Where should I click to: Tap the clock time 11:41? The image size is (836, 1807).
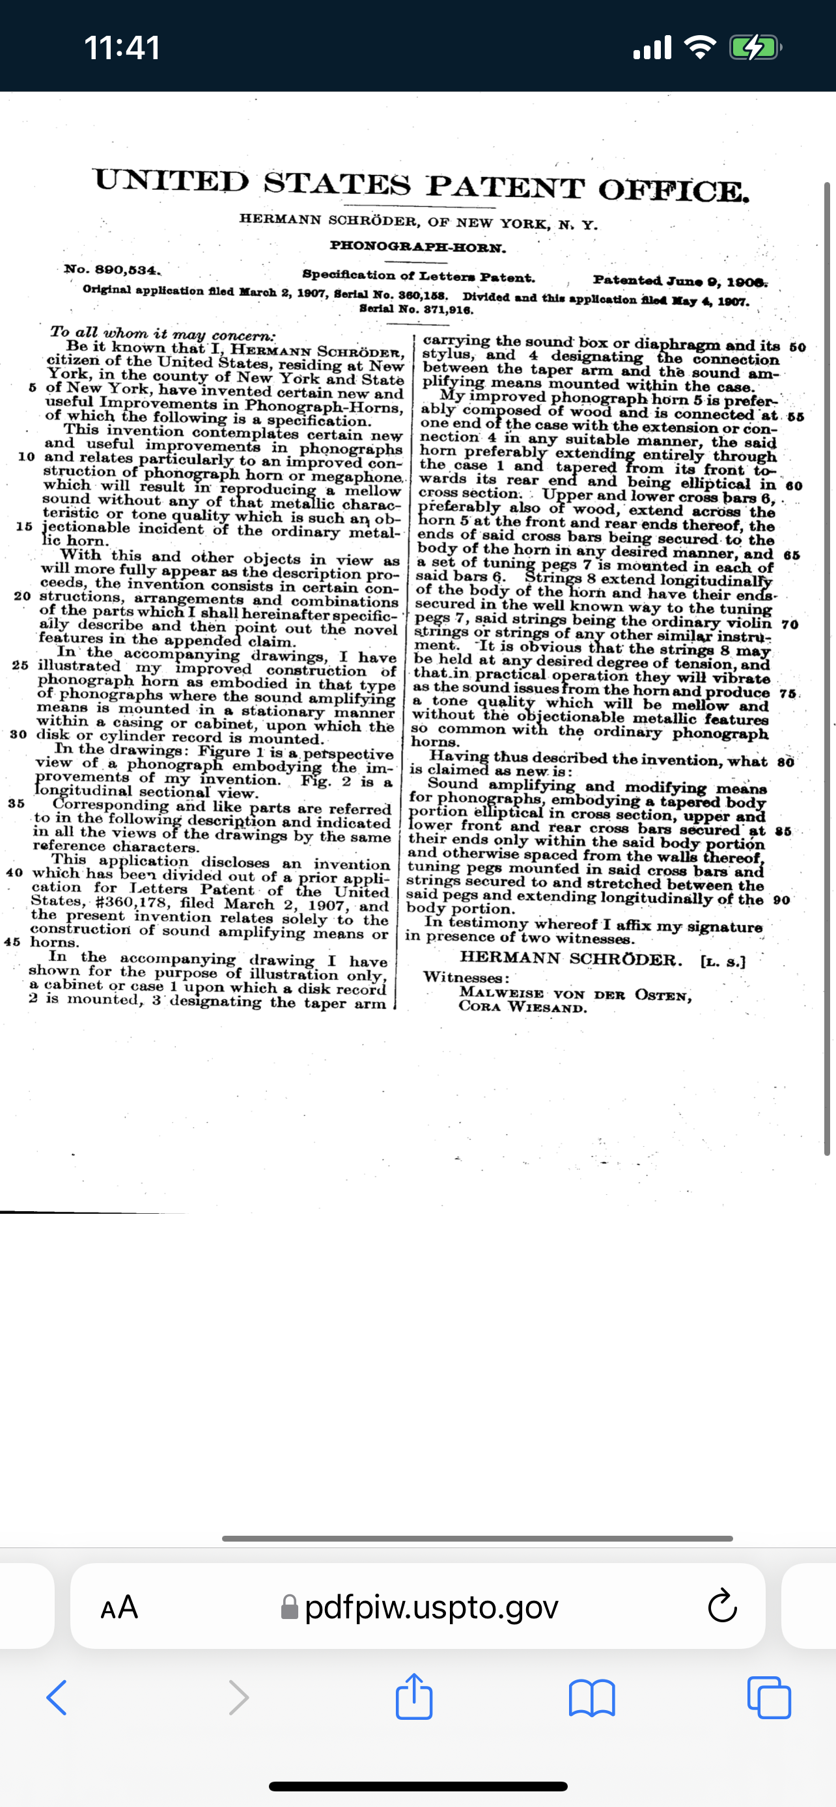click(x=122, y=47)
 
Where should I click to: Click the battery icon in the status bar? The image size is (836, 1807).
click(x=755, y=47)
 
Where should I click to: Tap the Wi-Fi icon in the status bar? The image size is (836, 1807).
click(x=699, y=47)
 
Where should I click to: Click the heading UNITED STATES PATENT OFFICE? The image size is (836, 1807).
click(x=421, y=185)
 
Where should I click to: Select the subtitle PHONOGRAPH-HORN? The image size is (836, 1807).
click(x=417, y=247)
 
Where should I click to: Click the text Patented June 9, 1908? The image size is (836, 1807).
click(x=680, y=281)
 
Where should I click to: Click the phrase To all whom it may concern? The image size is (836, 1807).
click(x=163, y=334)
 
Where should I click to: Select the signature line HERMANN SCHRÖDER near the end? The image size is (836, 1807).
click(x=570, y=959)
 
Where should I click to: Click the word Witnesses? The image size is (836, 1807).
click(x=466, y=977)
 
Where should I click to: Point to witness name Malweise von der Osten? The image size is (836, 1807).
click(x=576, y=994)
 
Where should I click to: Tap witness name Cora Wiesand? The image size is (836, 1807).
click(x=523, y=1008)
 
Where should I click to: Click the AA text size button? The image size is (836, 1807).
click(x=119, y=1607)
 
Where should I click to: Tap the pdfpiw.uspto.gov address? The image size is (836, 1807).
click(x=431, y=1607)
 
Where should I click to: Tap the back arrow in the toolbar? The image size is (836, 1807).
click(x=57, y=1698)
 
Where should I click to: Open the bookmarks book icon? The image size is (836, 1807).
click(x=592, y=1698)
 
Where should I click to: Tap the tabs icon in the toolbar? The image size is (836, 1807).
click(x=770, y=1698)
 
